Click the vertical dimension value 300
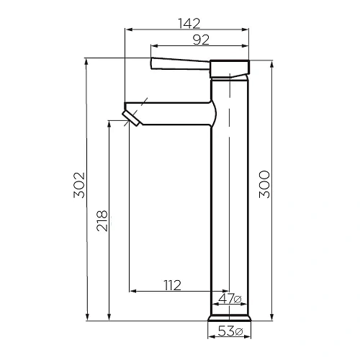(x=264, y=185)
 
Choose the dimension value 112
(x=171, y=285)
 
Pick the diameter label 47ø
(x=230, y=299)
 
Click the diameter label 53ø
(x=230, y=331)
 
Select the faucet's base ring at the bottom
(x=230, y=318)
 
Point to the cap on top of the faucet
(x=230, y=68)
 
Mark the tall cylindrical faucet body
(x=230, y=202)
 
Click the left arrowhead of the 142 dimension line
(x=127, y=30)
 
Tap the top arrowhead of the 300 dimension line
(x=271, y=62)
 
